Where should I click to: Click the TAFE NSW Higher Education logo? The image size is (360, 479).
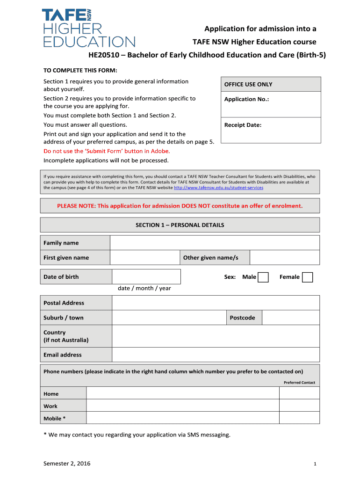tap(89, 28)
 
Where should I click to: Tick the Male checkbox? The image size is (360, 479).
tap(263, 277)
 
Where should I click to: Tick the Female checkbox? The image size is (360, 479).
tap(307, 277)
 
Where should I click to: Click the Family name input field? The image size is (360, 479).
tap(215, 243)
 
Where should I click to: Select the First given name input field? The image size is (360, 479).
tap(145, 258)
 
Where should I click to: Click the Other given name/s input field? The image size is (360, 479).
tap(285, 258)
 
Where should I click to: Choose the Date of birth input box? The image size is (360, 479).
tap(146, 276)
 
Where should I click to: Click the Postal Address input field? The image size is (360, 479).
tap(216, 303)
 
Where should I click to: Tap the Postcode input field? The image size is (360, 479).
tap(290, 318)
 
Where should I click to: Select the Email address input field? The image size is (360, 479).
tap(216, 355)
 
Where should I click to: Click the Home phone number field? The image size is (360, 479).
tap(183, 393)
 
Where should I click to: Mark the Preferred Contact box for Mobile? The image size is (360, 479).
tap(299, 418)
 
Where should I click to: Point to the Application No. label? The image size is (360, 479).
tap(246, 99)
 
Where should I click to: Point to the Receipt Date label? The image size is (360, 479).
tap(243, 125)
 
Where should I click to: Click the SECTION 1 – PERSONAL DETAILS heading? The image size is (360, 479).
tap(180, 225)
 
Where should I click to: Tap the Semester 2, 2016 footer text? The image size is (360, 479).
tap(67, 464)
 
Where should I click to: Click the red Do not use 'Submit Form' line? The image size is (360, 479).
tap(107, 151)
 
